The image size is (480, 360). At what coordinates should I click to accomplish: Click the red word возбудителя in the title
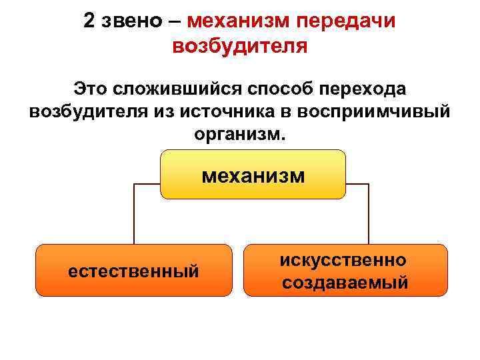click(x=240, y=47)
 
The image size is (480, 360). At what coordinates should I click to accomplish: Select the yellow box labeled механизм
click(x=253, y=175)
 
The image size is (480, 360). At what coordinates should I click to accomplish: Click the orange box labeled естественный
click(x=134, y=270)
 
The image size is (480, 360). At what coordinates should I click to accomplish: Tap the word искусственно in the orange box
click(x=345, y=259)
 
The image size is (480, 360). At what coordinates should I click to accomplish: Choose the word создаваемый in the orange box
click(x=345, y=282)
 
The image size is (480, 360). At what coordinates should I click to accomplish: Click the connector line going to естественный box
click(x=135, y=213)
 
